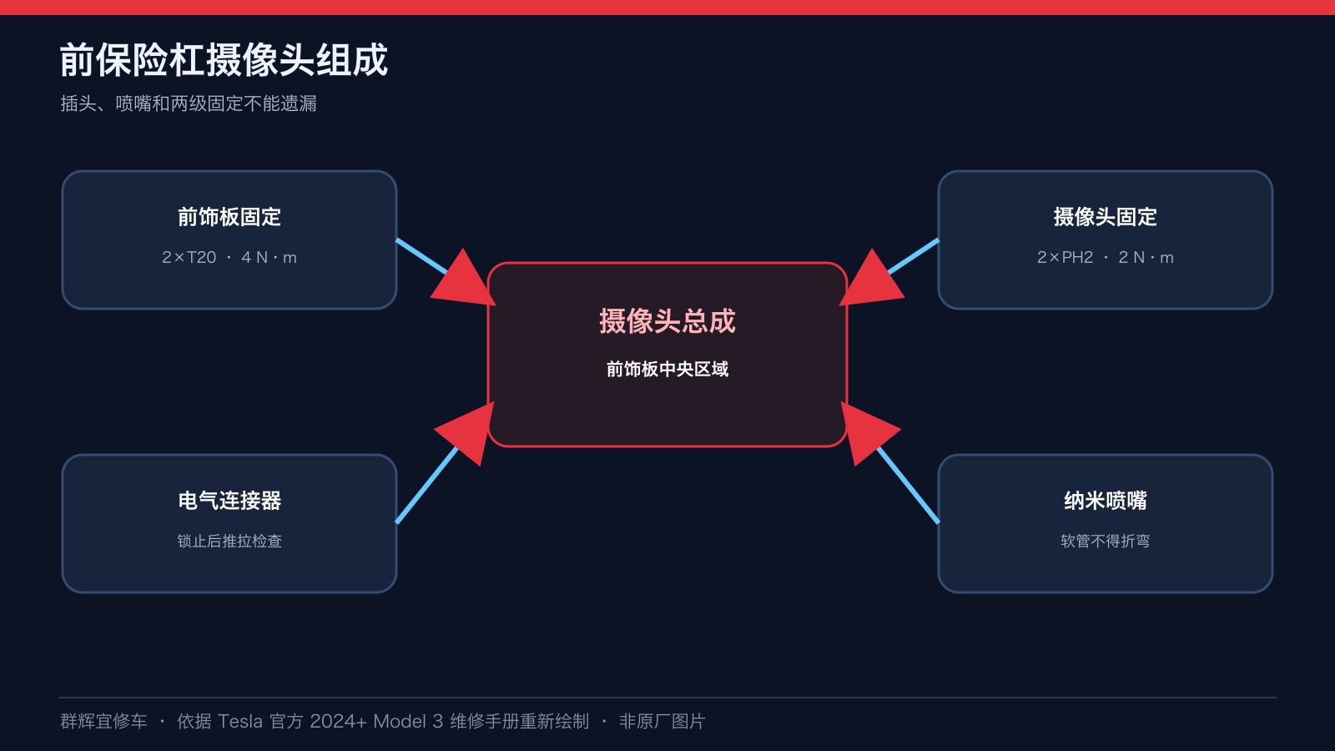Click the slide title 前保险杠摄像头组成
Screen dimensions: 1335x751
click(x=224, y=59)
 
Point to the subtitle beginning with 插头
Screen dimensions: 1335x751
click(x=189, y=103)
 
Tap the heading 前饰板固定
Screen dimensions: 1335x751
click(x=229, y=217)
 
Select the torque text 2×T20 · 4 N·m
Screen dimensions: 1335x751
click(x=229, y=258)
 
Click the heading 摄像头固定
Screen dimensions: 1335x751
click(x=1106, y=217)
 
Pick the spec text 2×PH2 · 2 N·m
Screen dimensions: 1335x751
click(x=1106, y=258)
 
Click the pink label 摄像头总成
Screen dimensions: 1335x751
click(x=667, y=321)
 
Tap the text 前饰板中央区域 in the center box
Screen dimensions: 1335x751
click(x=667, y=370)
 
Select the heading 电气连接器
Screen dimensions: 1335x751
click(x=229, y=501)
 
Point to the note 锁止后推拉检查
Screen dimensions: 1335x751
click(x=229, y=542)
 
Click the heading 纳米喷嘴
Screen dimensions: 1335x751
click(x=1106, y=501)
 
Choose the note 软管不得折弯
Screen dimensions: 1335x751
click(x=1106, y=542)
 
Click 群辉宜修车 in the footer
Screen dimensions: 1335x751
click(x=103, y=721)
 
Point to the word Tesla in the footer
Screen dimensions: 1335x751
click(x=239, y=721)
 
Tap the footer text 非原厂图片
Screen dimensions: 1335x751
click(x=662, y=721)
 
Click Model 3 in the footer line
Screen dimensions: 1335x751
click(x=408, y=721)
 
